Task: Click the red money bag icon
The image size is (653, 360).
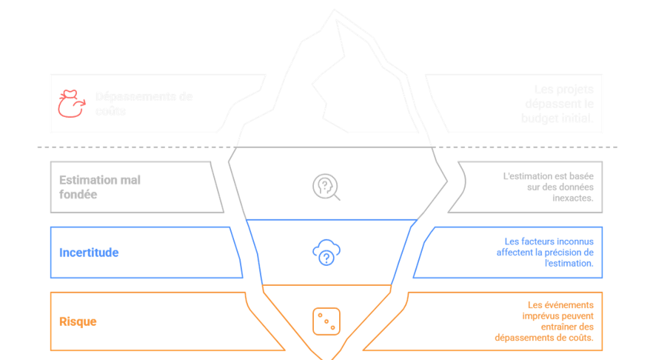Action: (x=71, y=104)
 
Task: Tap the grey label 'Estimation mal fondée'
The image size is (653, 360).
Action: (x=99, y=187)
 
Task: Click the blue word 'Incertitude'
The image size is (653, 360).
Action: (x=89, y=253)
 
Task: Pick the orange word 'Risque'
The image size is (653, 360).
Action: (x=78, y=321)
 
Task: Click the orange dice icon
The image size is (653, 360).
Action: (x=326, y=320)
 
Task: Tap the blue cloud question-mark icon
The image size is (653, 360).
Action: (x=326, y=253)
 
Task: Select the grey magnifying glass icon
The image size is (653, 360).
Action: (x=326, y=186)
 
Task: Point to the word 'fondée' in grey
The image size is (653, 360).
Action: (x=78, y=195)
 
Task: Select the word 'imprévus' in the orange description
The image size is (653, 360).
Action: (x=543, y=316)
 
